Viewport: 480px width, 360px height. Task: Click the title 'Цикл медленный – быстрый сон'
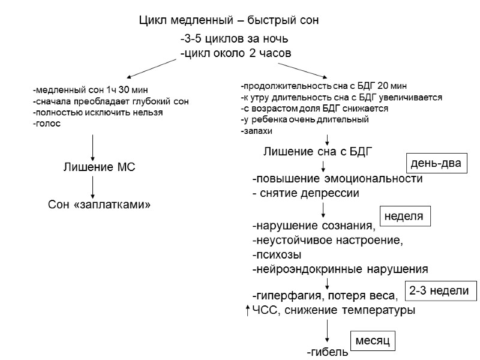pos(228,20)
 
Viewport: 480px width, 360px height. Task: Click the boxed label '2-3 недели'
pos(439,291)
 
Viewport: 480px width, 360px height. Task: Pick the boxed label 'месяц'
pos(373,340)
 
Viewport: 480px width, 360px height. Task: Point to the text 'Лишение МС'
pos(100,167)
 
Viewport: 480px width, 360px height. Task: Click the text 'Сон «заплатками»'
pos(98,205)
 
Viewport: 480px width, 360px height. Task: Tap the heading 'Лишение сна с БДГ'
pos(319,151)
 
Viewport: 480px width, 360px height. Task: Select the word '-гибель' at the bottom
pos(327,352)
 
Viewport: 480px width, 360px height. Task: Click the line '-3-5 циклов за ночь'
pos(235,40)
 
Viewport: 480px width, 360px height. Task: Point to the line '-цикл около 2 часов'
pos(236,53)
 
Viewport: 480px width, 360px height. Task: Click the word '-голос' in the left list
pos(47,123)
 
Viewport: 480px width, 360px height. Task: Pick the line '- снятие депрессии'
pos(306,193)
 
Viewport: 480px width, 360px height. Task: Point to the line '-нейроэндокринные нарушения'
pos(340,268)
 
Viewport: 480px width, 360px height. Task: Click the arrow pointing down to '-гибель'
pos(327,331)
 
